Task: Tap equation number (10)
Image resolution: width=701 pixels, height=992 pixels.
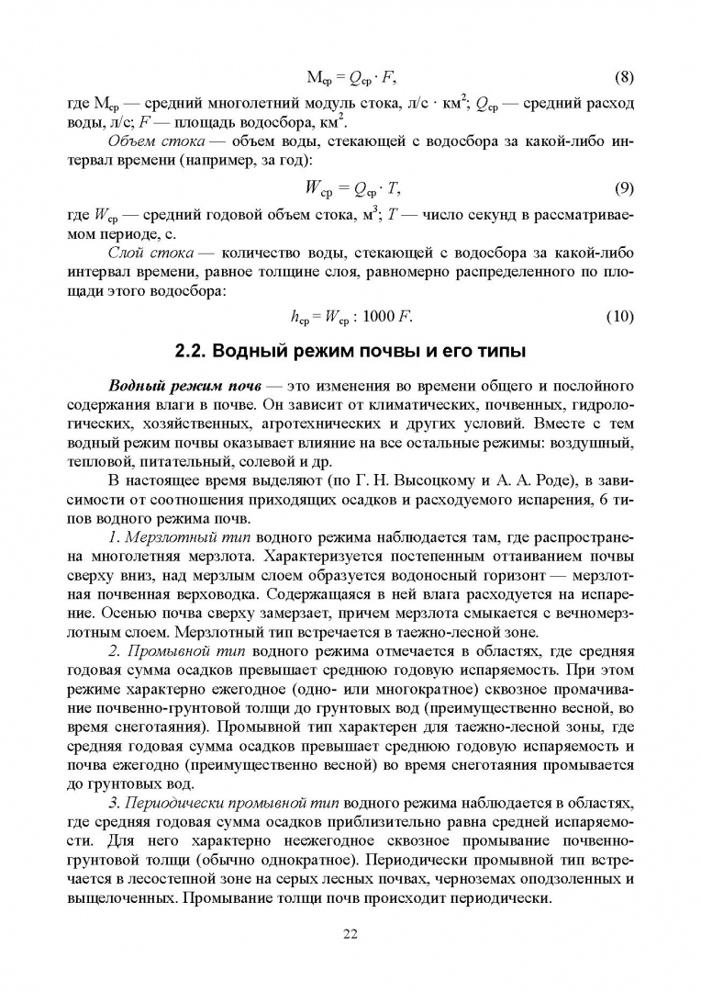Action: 621,318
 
